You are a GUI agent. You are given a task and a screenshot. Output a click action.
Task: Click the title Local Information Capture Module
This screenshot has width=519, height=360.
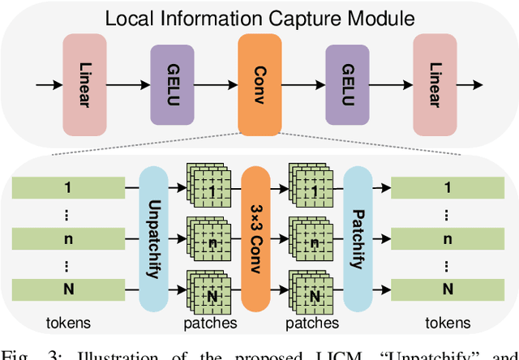[259, 19]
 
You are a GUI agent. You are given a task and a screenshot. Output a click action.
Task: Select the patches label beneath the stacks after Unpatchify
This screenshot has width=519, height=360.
[209, 323]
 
